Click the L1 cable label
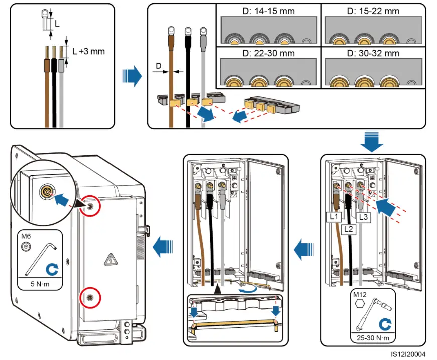(334, 217)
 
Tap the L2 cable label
(349, 229)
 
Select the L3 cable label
(364, 217)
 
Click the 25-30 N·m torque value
(373, 338)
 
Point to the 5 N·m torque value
(40, 284)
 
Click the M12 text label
(360, 295)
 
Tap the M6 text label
(26, 236)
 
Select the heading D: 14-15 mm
(268, 11)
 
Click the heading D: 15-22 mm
(373, 11)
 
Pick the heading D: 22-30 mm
(268, 53)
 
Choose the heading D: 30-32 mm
(373, 53)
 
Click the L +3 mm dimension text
(88, 51)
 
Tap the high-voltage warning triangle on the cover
(111, 260)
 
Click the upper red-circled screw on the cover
(90, 206)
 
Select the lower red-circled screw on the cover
(90, 298)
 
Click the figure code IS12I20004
(408, 354)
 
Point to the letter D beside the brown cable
(159, 66)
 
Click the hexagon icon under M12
(360, 304)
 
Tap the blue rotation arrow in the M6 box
(52, 269)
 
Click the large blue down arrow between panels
(372, 141)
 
